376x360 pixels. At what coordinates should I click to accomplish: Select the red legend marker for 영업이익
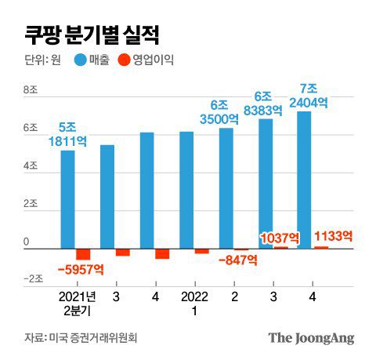coord(123,60)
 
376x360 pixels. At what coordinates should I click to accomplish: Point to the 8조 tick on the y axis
coord(32,91)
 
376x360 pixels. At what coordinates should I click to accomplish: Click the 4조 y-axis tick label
coord(32,167)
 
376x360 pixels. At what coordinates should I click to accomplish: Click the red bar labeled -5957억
coord(83,254)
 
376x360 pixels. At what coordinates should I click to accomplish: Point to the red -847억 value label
coord(237,260)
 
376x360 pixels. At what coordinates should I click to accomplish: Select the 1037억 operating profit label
coord(280,238)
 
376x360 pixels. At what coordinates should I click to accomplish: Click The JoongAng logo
coord(311,338)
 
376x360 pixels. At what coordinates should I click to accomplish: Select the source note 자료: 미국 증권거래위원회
coord(86,338)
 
